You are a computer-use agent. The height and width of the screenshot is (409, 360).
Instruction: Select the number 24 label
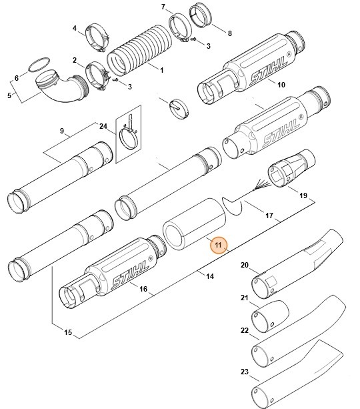pos(103,126)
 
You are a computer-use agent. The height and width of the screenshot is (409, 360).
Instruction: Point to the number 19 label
pos(303,195)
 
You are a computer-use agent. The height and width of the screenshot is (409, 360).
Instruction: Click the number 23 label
pos(244,372)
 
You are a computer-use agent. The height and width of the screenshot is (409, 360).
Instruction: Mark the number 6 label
pos(17,78)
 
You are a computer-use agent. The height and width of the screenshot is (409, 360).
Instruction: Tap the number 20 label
pos(244,266)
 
